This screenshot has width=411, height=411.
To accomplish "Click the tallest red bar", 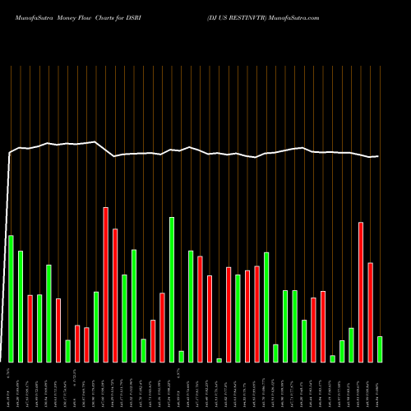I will pyautogui.click(x=106, y=284).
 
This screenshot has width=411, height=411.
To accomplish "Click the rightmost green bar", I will pyautogui.click(x=380, y=349).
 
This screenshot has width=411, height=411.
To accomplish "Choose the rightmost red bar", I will pyautogui.click(x=370, y=312).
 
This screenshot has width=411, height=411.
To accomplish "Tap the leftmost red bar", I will pyautogui.click(x=30, y=328).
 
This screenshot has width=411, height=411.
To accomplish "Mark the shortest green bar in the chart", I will pyautogui.click(x=219, y=360).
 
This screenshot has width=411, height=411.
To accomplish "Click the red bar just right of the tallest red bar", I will pyautogui.click(x=115, y=295).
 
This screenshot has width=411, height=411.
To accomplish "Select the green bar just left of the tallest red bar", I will pyautogui.click(x=96, y=326).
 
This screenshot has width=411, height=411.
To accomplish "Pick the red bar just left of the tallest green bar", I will pyautogui.click(x=163, y=327).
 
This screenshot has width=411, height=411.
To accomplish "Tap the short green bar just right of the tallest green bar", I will pyautogui.click(x=182, y=356).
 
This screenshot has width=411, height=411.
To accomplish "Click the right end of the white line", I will pyautogui.click(x=378, y=156).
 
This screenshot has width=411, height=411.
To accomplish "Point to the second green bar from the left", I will pyautogui.click(x=21, y=307).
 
